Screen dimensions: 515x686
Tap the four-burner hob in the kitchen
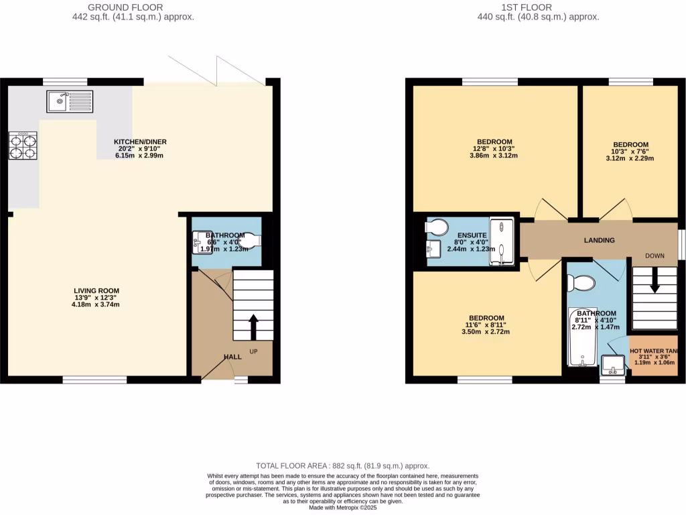21,146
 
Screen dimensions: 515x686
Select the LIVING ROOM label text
96,290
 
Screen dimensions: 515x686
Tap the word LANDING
599,240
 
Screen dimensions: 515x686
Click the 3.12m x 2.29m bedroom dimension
630,159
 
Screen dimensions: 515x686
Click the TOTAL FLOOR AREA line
343,465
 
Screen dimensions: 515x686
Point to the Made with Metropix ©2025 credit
343,507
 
